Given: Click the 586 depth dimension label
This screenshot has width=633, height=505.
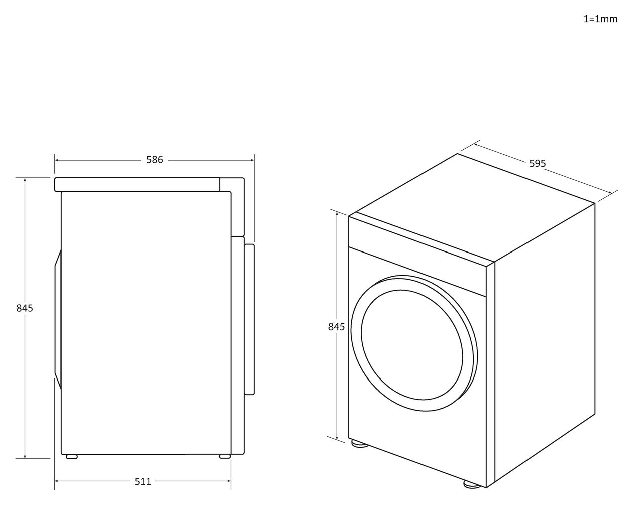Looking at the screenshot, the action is click(154, 160).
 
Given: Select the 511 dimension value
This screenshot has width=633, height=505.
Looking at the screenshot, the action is click(143, 482).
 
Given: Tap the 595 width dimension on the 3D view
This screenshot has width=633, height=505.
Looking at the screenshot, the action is click(538, 164).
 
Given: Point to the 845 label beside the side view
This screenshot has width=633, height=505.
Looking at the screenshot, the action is click(25, 308).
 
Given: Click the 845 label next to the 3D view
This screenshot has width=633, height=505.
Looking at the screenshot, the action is click(336, 327).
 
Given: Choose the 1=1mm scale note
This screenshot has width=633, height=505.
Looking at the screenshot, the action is click(601, 19).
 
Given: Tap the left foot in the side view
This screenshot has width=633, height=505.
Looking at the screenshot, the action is click(71, 456).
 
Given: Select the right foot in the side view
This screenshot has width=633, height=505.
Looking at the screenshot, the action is click(225, 456).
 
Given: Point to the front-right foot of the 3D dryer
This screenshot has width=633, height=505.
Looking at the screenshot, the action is click(472, 484).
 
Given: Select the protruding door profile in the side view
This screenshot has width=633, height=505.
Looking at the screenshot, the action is click(250, 319).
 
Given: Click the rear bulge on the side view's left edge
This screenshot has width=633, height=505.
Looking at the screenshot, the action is click(58, 319).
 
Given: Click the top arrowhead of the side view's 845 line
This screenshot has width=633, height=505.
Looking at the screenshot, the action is click(25, 180).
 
